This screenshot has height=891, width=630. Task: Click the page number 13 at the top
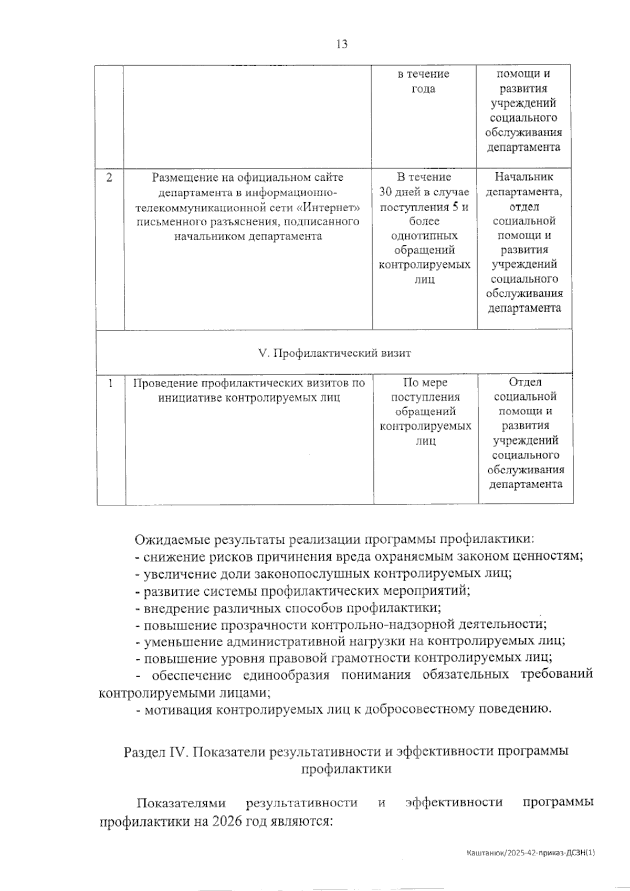(341, 45)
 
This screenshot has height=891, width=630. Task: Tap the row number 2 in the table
(109, 177)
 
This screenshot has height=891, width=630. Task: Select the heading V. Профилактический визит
(334, 353)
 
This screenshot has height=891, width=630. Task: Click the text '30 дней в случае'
(424, 192)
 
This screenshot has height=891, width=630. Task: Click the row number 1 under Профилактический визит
(111, 383)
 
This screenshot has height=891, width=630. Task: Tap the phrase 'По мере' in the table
(425, 382)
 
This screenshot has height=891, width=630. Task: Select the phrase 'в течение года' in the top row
(424, 81)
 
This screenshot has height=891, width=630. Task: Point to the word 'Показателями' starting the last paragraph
(181, 803)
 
